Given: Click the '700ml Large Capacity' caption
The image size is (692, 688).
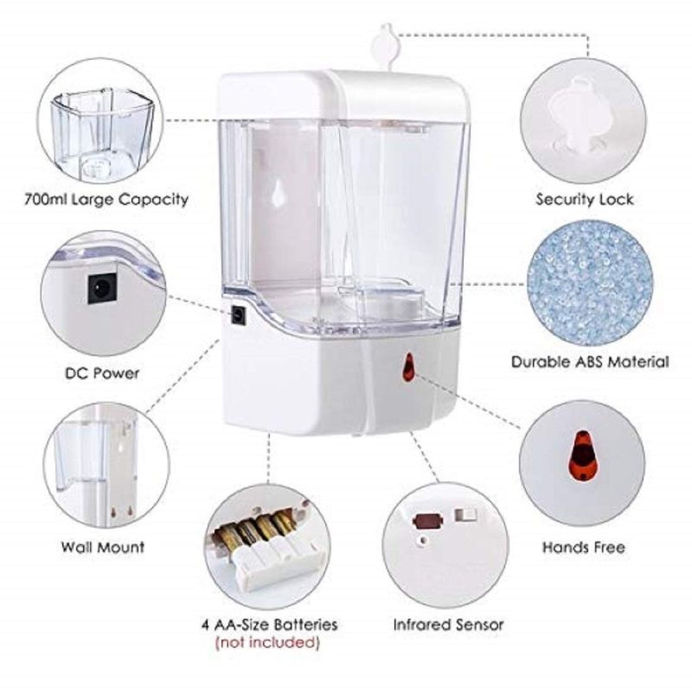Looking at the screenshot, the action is tap(106, 200).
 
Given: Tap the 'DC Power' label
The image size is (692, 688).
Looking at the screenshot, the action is tap(102, 373).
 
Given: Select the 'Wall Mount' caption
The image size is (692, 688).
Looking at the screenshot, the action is tap(103, 547).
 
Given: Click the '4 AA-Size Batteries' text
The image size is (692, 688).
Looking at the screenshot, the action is tap(270, 625).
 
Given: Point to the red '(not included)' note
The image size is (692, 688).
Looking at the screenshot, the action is tap(267, 641).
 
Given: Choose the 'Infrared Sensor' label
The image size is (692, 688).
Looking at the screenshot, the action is tap(448, 625).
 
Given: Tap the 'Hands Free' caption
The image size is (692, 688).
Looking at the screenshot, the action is tap(583, 548).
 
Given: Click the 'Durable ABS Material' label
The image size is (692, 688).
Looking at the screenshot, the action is tap(590, 362).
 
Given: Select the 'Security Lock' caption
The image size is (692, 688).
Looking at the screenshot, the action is tap(585, 200).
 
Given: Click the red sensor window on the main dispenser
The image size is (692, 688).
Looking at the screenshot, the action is tap(409, 368).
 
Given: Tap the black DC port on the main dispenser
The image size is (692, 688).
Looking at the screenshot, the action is tap(240, 316).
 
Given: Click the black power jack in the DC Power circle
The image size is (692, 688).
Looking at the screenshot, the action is tap(102, 288).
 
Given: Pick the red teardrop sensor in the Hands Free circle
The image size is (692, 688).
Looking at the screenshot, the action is tap(582, 457).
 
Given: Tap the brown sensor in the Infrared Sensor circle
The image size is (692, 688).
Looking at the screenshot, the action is tap(427, 520).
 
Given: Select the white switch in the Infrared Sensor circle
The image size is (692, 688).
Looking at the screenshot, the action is tap(466, 515).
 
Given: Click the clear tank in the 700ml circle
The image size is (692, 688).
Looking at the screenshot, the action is tap(102, 135).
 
